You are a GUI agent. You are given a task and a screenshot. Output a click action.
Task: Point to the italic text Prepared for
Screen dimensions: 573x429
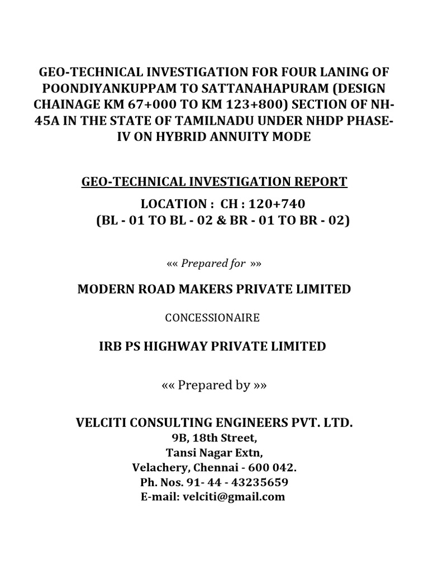[214, 264]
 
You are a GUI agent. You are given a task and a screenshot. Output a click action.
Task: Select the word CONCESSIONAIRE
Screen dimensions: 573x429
[212, 318]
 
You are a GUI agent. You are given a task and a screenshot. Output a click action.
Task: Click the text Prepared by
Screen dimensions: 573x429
[213, 386]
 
